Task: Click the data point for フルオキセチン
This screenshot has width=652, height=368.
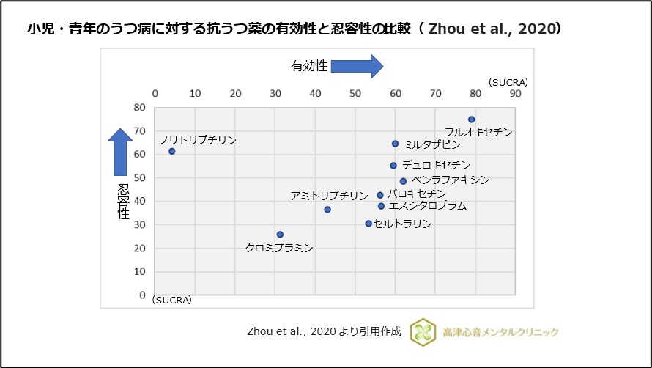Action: [472, 119]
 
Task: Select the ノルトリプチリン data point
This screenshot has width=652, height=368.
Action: [171, 151]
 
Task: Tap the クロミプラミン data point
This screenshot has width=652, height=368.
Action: [280, 235]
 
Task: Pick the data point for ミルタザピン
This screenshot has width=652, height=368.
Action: [395, 144]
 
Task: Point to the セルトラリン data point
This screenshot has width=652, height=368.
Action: [368, 223]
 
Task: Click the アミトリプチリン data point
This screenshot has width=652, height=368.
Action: [327, 210]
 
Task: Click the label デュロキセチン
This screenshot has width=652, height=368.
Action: [436, 166]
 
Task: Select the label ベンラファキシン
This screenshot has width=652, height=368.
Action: [450, 180]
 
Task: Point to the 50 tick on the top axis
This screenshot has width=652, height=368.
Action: [355, 94]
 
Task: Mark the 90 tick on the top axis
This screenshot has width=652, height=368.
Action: [515, 94]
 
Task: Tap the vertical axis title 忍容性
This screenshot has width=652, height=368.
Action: [123, 202]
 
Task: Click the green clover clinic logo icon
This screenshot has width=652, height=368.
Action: [423, 331]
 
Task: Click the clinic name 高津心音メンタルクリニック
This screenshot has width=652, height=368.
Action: [500, 332]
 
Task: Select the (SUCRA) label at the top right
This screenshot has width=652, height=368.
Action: [508, 81]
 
